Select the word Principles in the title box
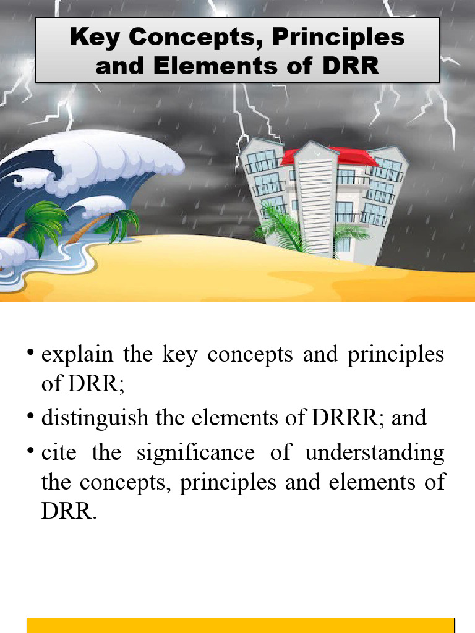pos(338,38)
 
